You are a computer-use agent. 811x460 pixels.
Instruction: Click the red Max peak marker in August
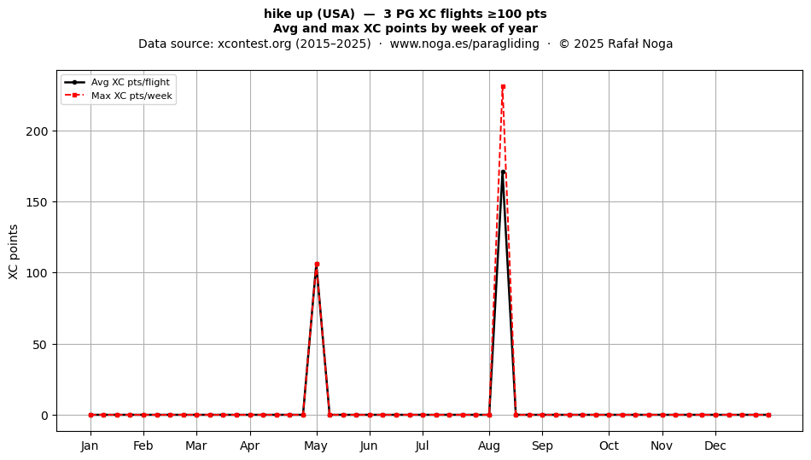pos(503,87)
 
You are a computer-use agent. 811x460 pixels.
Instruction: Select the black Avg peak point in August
pos(503,172)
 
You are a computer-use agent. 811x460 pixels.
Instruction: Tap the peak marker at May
pos(317,264)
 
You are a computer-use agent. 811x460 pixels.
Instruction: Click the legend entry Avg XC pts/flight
pos(131,82)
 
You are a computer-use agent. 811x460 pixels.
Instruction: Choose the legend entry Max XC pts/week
pos(131,96)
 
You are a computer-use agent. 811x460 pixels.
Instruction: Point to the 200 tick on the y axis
pos(37,131)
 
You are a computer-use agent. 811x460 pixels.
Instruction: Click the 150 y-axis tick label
pos(37,202)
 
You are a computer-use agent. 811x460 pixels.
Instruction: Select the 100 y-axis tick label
pos(37,273)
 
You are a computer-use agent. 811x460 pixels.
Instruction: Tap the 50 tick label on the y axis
pos(40,344)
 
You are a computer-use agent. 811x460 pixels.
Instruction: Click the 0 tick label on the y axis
pos(44,416)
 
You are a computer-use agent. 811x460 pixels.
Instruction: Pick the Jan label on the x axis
pos(90,445)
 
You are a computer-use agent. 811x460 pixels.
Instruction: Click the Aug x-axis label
pos(489,445)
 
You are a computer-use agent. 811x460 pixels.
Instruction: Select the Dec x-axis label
pos(715,445)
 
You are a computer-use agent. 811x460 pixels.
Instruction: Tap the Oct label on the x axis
pos(609,445)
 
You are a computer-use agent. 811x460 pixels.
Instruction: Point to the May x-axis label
pos(316,445)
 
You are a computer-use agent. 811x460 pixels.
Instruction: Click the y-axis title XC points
pos(14,252)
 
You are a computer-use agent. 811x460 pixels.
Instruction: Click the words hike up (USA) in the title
pos(309,14)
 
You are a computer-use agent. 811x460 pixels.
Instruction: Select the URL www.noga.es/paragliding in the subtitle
pos(464,44)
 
